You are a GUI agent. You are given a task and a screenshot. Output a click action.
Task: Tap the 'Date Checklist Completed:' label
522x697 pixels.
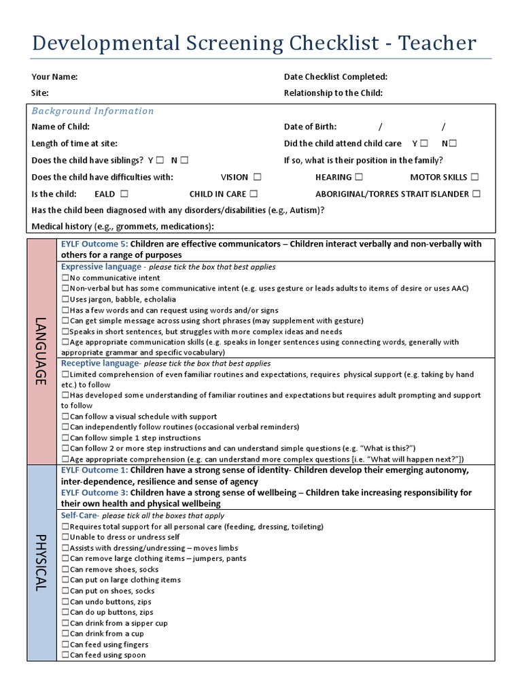[336, 77]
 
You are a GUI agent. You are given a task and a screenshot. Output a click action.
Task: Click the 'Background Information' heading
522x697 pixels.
[93, 111]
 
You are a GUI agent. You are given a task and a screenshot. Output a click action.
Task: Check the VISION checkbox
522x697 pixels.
[257, 177]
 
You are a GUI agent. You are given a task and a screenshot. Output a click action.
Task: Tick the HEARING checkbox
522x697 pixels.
[360, 177]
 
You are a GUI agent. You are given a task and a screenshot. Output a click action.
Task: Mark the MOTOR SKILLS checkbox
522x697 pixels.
[474, 177]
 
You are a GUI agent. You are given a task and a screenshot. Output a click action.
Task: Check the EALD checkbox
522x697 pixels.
[124, 194]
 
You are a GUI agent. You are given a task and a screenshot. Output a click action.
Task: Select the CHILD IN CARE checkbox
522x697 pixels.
[253, 194]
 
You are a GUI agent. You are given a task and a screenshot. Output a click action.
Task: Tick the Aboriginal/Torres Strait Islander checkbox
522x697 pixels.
[476, 194]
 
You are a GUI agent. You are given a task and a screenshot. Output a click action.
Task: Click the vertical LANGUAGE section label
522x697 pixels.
[41, 351]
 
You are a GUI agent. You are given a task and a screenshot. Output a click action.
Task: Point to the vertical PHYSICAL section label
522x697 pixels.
[41, 562]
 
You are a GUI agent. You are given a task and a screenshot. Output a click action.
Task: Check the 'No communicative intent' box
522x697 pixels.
[65, 278]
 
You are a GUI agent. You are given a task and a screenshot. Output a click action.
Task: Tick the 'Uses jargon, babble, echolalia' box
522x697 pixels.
[65, 299]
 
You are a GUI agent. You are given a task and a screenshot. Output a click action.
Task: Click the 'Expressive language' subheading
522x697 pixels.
[101, 267]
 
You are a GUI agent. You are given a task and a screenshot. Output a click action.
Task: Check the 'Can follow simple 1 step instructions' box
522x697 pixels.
[65, 438]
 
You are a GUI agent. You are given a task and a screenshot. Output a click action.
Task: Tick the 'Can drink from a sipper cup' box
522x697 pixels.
[65, 623]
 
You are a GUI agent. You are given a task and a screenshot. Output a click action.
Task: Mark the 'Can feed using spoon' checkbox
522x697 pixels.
[65, 655]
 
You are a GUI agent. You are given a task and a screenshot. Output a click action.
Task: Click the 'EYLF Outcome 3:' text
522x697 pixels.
[94, 492]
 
